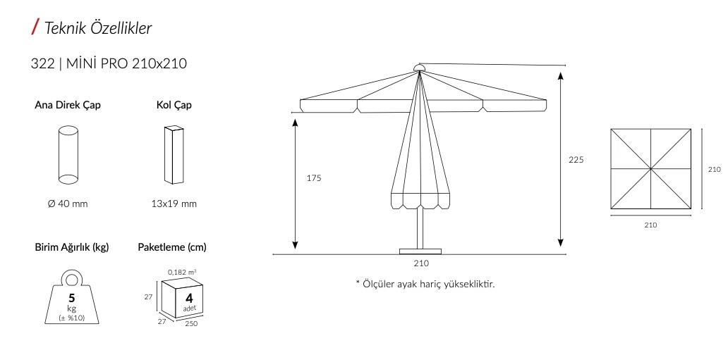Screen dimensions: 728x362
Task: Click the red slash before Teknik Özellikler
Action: [35, 27]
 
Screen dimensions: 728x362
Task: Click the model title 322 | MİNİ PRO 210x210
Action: [109, 63]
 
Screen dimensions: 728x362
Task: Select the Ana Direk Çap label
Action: [68, 105]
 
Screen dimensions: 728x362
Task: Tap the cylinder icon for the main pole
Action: [68, 154]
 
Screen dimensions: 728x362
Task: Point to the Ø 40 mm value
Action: [68, 204]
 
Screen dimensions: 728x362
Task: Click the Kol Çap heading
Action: [174, 105]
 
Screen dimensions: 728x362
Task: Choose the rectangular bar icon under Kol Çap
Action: [174, 154]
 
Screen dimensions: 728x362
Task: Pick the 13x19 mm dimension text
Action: [174, 204]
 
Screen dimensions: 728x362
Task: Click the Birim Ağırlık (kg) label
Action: [72, 247]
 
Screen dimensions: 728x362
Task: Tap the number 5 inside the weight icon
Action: [72, 297]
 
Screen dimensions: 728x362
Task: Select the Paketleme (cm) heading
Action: [172, 247]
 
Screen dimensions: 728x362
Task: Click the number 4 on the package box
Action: [189, 298]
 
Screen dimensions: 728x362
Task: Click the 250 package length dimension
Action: [191, 323]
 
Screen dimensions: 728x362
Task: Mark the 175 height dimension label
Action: [314, 178]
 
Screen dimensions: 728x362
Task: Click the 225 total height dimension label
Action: [576, 160]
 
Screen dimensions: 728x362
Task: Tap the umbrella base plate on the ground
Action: [420, 251]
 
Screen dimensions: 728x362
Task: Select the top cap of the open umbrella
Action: [419, 68]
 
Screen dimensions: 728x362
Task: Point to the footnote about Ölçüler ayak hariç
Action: [425, 284]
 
